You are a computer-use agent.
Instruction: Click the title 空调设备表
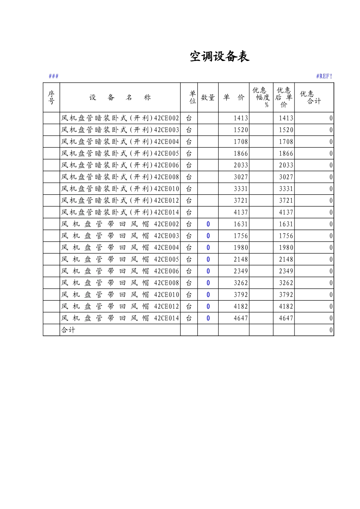click(x=219, y=57)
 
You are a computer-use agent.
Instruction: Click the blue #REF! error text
click(x=324, y=76)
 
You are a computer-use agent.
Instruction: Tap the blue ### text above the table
click(x=53, y=76)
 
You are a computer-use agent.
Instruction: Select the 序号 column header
click(x=51, y=97)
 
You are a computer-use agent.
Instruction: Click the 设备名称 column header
click(x=120, y=97)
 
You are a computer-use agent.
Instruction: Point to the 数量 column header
click(x=208, y=97)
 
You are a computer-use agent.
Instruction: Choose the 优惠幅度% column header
click(x=261, y=97)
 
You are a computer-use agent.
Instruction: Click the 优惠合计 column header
click(x=314, y=97)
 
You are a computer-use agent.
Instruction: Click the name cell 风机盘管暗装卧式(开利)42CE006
click(x=120, y=165)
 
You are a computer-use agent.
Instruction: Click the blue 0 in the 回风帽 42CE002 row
click(x=208, y=224)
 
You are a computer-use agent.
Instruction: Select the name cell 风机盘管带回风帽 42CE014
click(x=120, y=318)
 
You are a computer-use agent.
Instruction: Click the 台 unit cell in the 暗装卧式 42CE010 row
click(x=189, y=189)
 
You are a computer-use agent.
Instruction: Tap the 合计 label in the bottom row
click(x=68, y=330)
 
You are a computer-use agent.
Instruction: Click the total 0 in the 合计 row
click(x=331, y=330)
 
